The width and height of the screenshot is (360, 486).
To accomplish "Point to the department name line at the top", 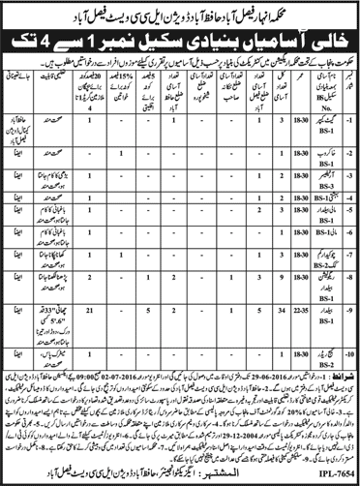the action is click(x=180, y=11).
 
